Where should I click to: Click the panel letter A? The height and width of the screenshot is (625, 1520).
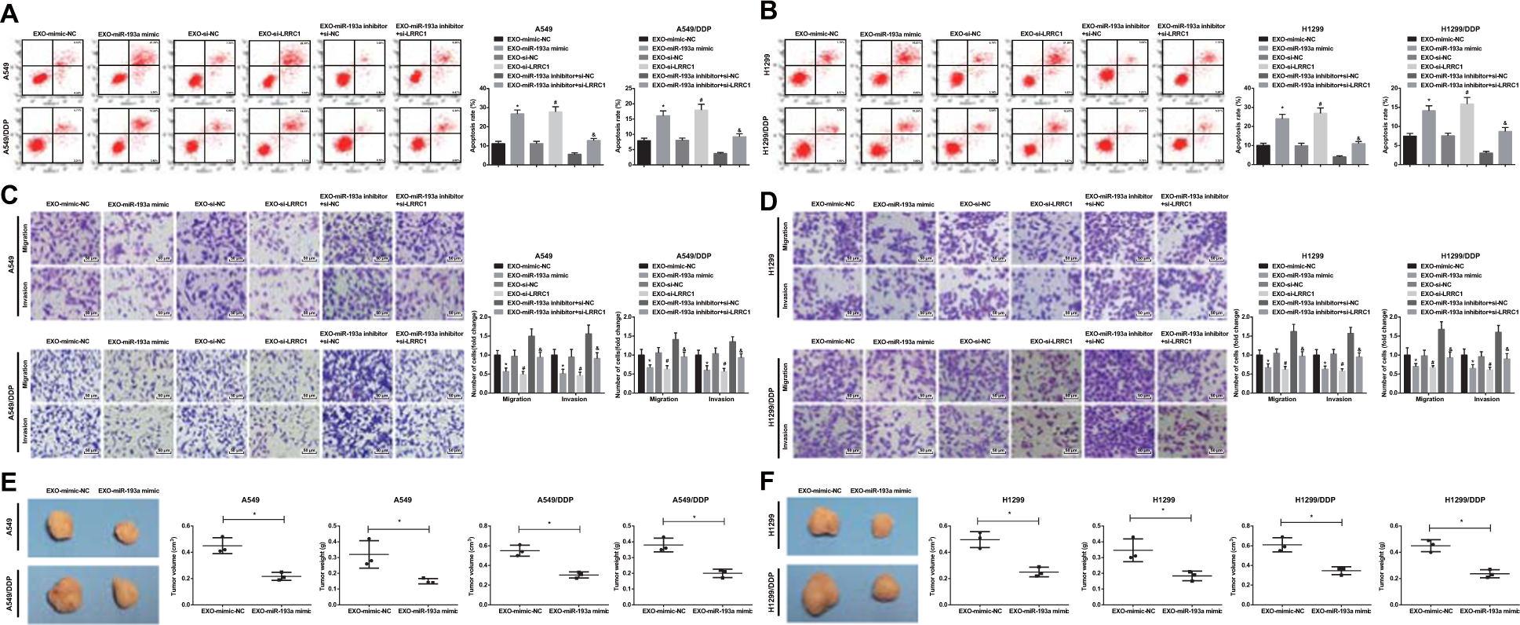tap(10, 11)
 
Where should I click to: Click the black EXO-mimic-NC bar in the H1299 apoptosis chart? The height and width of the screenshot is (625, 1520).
tap(1263, 155)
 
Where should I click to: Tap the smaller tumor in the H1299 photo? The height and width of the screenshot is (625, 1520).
tap(884, 525)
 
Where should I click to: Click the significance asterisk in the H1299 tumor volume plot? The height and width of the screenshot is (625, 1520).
tap(1008, 514)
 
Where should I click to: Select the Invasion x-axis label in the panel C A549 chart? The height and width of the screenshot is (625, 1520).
tap(574, 399)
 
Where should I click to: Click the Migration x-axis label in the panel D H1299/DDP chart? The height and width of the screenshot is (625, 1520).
tap(1429, 399)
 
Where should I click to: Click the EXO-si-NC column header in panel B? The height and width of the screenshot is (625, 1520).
tap(964, 34)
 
